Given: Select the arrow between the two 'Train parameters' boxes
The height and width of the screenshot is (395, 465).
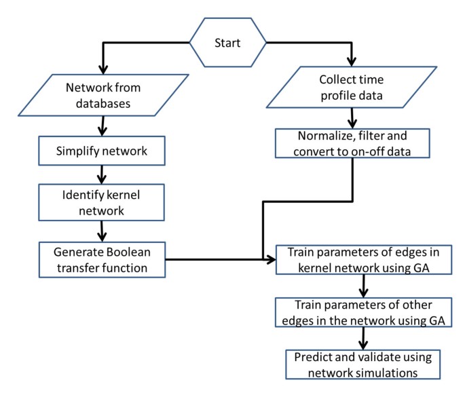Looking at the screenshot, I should tap(365, 284).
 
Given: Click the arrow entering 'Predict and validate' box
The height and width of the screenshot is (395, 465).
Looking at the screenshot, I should tap(365, 337).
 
